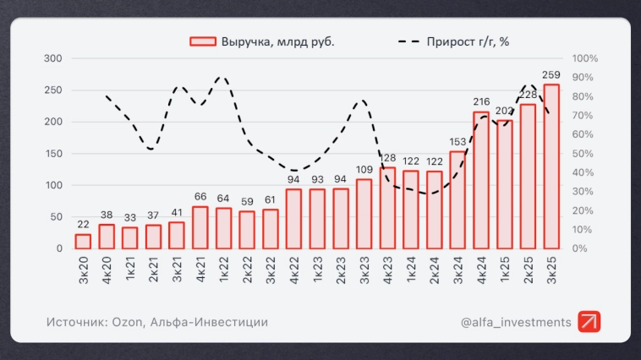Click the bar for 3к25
551,166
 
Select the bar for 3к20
83,241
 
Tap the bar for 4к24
480,180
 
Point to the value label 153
457,142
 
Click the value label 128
387,158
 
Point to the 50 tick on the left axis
56,216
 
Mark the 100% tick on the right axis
585,58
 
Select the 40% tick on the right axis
585,172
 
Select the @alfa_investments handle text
516,321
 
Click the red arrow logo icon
589,321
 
